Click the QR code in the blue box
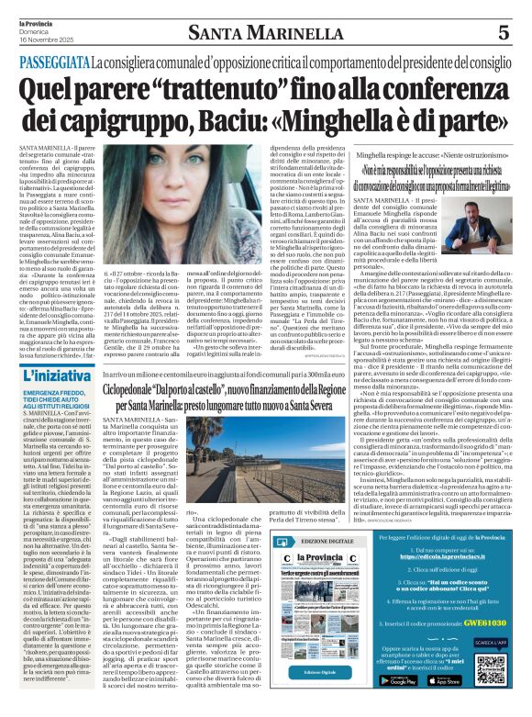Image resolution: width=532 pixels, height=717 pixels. (x=490, y=669)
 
